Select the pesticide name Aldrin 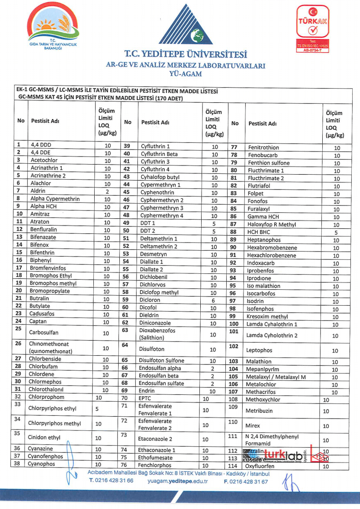pos(38,191)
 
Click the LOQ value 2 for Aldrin pos(107,192)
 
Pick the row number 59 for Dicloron pos(127,300)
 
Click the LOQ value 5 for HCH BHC pos(336,232)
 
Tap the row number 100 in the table pos(234,323)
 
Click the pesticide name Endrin pos(148,391)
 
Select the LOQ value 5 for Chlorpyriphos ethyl pos(97,408)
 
